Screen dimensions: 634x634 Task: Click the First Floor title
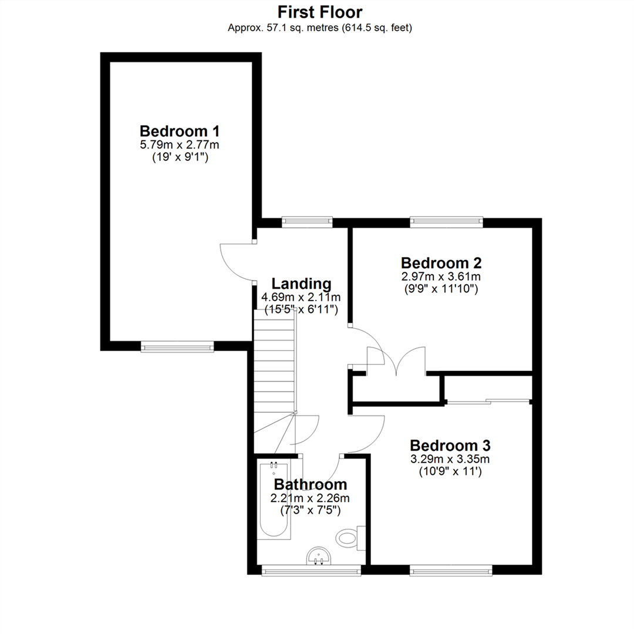[319, 12]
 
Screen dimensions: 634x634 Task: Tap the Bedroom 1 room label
[180, 131]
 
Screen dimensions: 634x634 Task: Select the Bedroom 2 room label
[441, 263]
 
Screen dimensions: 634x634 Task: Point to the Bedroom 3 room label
[450, 445]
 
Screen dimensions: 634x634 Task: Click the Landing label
[301, 284]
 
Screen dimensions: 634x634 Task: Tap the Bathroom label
[311, 484]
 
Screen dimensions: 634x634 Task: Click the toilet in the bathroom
[350, 538]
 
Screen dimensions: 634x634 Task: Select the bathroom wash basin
[319, 556]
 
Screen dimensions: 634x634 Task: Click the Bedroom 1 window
[177, 346]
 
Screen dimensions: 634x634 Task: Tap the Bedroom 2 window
[446, 222]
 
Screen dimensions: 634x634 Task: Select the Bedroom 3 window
[451, 570]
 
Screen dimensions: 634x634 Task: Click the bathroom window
[311, 570]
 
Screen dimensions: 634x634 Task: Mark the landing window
[307, 222]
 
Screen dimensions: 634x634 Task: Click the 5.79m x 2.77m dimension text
[180, 144]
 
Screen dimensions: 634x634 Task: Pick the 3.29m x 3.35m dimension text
[450, 459]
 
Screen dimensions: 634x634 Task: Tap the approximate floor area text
[320, 28]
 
